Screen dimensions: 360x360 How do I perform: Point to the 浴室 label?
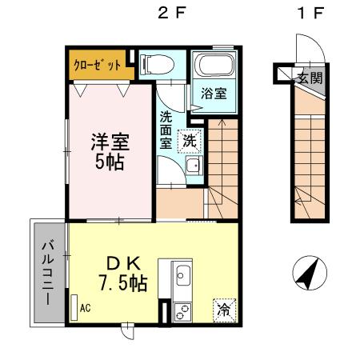click(213, 93)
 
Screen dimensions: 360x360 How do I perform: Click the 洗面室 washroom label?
click(166, 129)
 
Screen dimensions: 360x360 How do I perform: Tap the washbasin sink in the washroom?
click(192, 166)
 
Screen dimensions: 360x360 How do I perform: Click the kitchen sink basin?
click(181, 277)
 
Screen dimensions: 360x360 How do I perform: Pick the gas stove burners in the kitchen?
click(180, 309)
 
